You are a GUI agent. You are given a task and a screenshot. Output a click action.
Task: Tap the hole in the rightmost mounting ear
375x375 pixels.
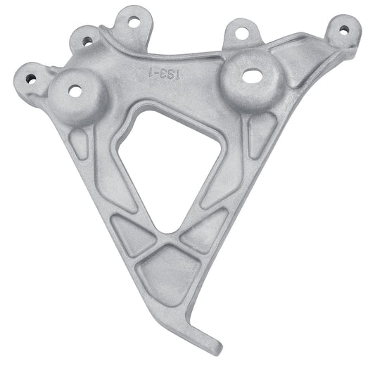point(343,30)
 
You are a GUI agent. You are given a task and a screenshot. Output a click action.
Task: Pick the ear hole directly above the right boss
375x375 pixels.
point(241,32)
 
